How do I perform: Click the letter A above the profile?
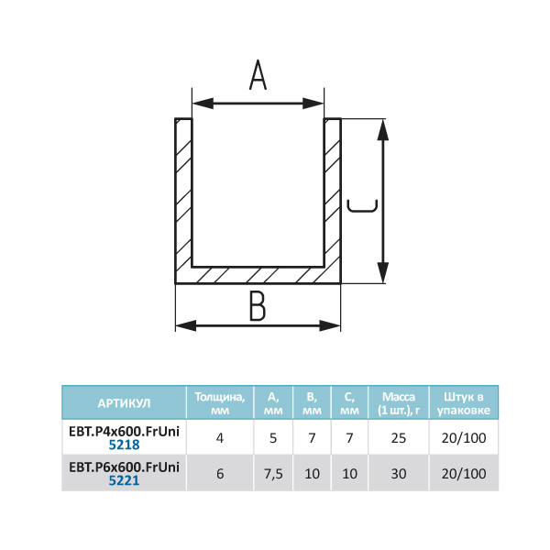[258, 75]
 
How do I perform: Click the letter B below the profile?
[258, 306]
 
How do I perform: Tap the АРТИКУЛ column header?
[124, 403]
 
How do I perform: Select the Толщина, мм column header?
[220, 403]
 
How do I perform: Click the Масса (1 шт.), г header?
[399, 403]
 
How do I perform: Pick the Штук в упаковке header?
[464, 403]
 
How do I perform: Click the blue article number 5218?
[124, 445]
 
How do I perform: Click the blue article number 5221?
[124, 480]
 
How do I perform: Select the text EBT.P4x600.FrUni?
[124, 432]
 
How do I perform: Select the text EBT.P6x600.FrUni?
[124, 467]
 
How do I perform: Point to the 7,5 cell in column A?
[273, 474]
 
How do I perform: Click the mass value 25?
[399, 438]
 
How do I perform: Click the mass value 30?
[399, 474]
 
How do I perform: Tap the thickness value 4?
[220, 438]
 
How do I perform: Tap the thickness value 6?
[220, 474]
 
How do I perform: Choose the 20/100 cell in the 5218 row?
[464, 438]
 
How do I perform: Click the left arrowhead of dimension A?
[203, 104]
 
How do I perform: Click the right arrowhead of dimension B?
[330, 325]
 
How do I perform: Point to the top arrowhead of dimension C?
[383, 130]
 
